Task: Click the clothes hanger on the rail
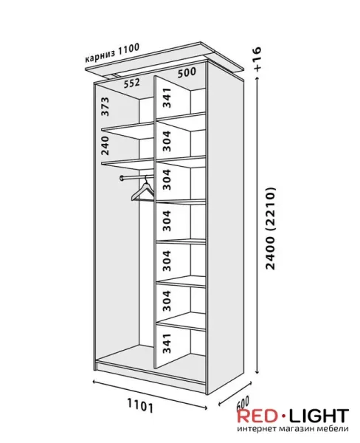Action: pyautogui.click(x=142, y=190)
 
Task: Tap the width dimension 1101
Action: pyautogui.click(x=140, y=405)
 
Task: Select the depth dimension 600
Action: pyautogui.click(x=242, y=403)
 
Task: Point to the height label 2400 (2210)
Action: pyautogui.click(x=271, y=227)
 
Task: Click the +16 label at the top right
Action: pyautogui.click(x=257, y=58)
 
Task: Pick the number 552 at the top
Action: pyautogui.click(x=132, y=83)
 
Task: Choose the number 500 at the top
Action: pyautogui.click(x=187, y=72)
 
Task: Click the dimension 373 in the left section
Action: pyautogui.click(x=105, y=106)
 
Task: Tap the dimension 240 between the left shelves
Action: pyautogui.click(x=105, y=145)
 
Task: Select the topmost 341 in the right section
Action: pyautogui.click(x=167, y=97)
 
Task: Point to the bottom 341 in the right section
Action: pyautogui.click(x=167, y=343)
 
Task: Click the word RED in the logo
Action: pyautogui.click(x=257, y=416)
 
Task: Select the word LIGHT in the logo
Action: pyautogui.click(x=319, y=416)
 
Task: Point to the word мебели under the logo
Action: pyautogui.click(x=336, y=429)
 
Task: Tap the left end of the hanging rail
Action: pyautogui.click(x=122, y=178)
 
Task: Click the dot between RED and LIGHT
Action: pyautogui.click(x=283, y=416)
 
